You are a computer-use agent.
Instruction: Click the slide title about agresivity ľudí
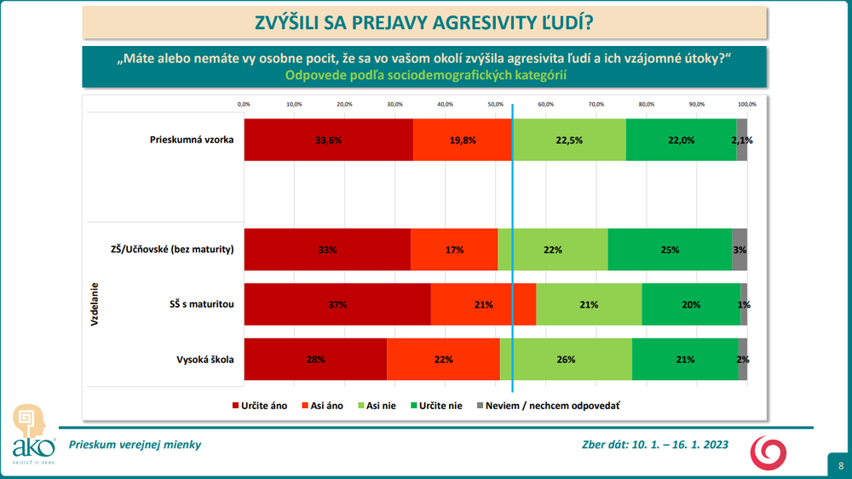click(x=424, y=23)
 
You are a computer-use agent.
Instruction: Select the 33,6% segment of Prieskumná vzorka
click(x=328, y=140)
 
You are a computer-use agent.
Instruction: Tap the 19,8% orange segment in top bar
click(x=462, y=140)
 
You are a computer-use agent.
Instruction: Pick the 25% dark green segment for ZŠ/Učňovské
click(x=670, y=250)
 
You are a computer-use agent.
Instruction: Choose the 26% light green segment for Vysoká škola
click(x=566, y=359)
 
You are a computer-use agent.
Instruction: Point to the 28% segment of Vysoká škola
click(x=315, y=359)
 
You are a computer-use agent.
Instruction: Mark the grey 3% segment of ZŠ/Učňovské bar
click(x=740, y=250)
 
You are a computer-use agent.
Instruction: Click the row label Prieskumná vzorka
click(x=192, y=139)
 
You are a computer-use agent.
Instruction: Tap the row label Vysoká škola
click(x=201, y=359)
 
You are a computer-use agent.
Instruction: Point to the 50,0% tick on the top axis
click(x=495, y=104)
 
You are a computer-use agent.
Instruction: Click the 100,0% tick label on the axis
click(x=746, y=104)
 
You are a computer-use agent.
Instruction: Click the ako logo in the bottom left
click(x=33, y=435)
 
